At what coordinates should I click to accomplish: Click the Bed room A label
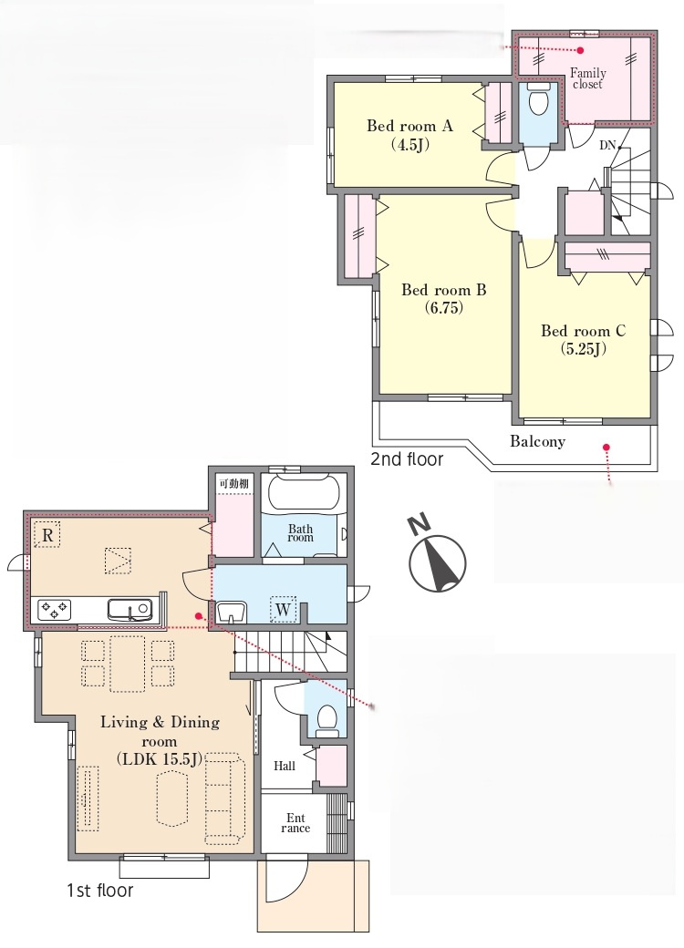click(x=409, y=126)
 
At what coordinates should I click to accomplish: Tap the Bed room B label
click(x=444, y=290)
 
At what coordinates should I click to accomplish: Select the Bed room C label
click(x=583, y=331)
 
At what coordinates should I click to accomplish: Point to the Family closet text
click(x=588, y=78)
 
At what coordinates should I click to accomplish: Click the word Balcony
click(x=537, y=441)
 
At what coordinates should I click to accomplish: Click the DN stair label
click(x=607, y=145)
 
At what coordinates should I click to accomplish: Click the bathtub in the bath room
click(x=305, y=493)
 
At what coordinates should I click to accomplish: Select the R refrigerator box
click(x=47, y=534)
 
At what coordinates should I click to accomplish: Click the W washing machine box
click(x=283, y=609)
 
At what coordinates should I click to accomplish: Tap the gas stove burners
click(x=55, y=609)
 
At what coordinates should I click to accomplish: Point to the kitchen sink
click(x=129, y=610)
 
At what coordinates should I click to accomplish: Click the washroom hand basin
click(x=231, y=612)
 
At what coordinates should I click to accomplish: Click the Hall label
click(x=285, y=766)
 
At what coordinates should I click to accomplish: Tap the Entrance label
click(x=295, y=823)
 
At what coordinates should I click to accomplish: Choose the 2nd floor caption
click(x=407, y=459)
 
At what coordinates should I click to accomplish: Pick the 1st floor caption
click(x=99, y=890)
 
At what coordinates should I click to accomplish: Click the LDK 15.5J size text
click(x=160, y=759)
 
